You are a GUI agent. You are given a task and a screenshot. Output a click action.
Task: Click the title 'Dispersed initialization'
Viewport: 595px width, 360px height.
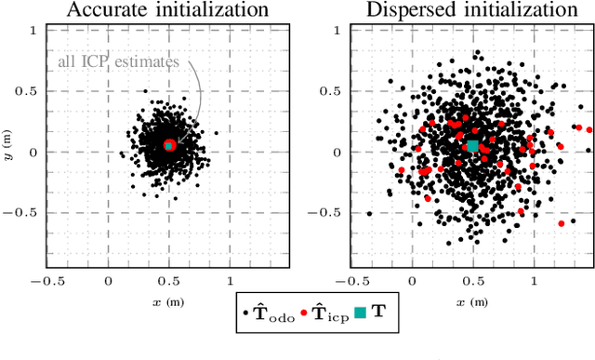(x=472, y=11)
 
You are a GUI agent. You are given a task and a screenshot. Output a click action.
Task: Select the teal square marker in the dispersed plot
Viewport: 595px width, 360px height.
(x=472, y=146)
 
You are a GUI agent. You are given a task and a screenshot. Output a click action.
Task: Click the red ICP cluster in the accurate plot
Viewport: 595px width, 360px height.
(x=169, y=145)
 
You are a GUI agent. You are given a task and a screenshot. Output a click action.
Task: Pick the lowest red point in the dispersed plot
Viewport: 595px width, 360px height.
(x=562, y=223)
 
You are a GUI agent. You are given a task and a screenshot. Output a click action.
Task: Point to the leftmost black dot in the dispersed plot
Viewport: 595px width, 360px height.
(x=369, y=213)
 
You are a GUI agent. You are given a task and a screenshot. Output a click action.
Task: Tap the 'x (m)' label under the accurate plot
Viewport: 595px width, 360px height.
(x=169, y=302)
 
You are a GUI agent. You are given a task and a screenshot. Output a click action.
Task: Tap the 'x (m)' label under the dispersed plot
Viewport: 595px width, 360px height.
(x=472, y=302)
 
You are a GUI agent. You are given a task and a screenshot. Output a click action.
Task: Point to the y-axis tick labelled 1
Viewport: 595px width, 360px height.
(x=33, y=31)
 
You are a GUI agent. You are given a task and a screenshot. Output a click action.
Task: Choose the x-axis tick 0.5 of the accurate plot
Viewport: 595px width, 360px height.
(x=169, y=279)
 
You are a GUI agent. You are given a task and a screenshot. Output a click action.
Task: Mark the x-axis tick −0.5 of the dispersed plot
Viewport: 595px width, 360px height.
(x=350, y=279)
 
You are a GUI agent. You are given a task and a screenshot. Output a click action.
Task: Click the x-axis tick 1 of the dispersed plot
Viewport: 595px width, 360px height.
(x=533, y=279)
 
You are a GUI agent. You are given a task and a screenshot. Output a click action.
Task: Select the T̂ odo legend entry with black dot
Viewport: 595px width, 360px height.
(x=271, y=316)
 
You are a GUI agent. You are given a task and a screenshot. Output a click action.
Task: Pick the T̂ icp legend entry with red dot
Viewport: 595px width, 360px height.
(x=325, y=316)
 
